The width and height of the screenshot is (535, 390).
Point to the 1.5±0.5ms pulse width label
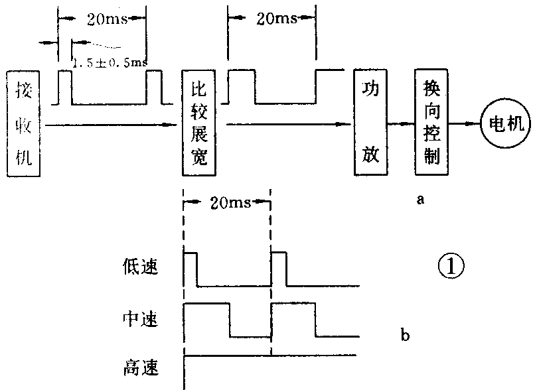tap(110, 63)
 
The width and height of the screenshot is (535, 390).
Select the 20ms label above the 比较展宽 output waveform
tap(272, 18)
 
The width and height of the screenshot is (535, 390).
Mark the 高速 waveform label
tap(139, 365)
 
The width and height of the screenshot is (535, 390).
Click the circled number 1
tap(451, 267)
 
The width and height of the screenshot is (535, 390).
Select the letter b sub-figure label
tap(405, 335)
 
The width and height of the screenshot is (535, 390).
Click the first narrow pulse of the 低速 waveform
tap(191, 269)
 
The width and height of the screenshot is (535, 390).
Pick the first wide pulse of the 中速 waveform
tap(207, 319)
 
